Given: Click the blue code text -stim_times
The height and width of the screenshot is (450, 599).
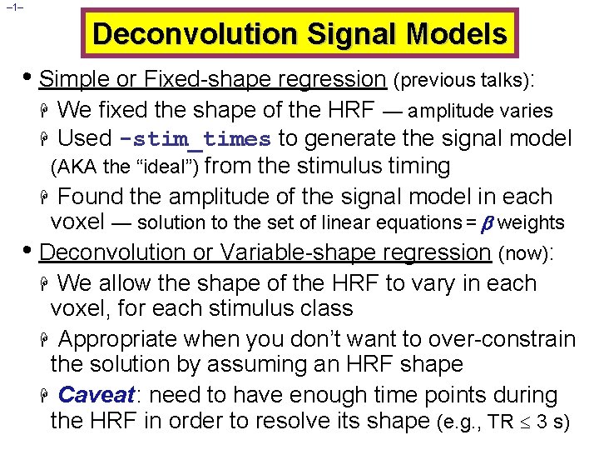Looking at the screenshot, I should coord(196,139).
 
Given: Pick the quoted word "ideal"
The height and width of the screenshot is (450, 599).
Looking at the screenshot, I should coord(172,167).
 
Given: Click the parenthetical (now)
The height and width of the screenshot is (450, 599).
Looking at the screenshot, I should coord(526,252).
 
